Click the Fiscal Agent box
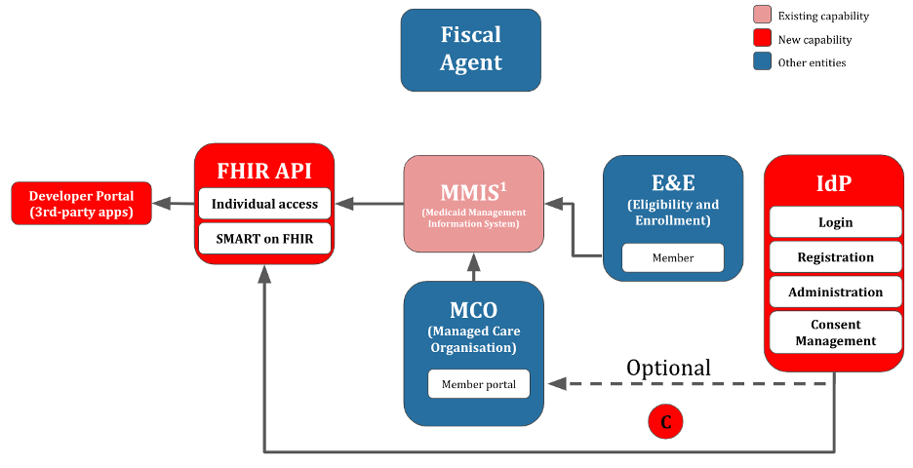click(x=470, y=50)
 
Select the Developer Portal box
click(x=82, y=203)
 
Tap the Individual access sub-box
click(x=264, y=204)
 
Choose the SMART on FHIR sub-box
click(x=264, y=239)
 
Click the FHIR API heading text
click(x=264, y=171)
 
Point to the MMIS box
click(x=474, y=204)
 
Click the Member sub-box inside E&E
click(x=673, y=257)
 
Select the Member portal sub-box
click(x=479, y=384)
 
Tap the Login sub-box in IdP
click(x=836, y=222)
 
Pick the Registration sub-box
click(x=836, y=257)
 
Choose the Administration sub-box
click(x=836, y=292)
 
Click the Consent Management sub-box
click(x=836, y=332)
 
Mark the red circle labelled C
click(x=665, y=421)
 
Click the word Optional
click(x=668, y=368)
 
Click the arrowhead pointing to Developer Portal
click(x=161, y=203)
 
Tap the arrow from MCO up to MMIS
click(x=474, y=267)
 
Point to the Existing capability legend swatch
click(x=762, y=15)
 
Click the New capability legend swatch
click(x=762, y=38)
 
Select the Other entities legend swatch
click(x=762, y=61)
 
